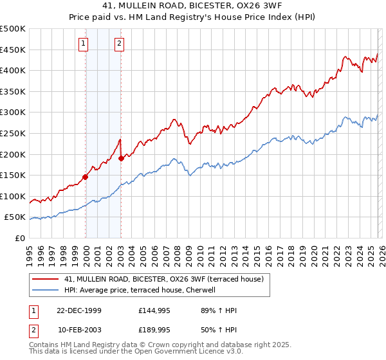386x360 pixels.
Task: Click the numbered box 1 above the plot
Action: tap(84, 44)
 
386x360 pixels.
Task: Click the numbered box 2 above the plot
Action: tap(120, 44)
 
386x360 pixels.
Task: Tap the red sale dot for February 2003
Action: tap(121, 158)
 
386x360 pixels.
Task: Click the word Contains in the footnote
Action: tap(45, 345)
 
